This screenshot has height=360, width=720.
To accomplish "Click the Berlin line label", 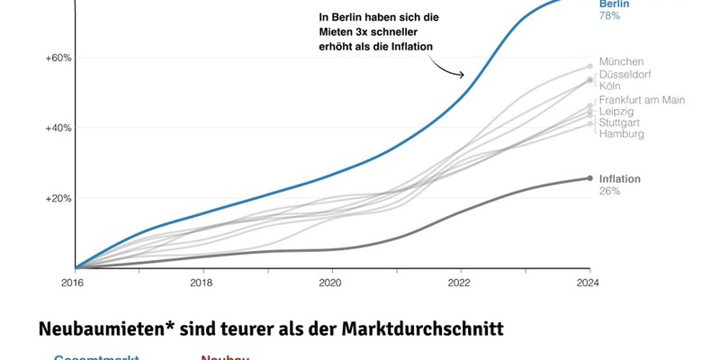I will pyautogui.click(x=616, y=4).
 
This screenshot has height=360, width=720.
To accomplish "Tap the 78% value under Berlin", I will pyautogui.click(x=609, y=16).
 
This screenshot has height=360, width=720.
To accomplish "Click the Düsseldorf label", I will pyautogui.click(x=625, y=75).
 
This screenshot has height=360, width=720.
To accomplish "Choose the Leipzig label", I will pyautogui.click(x=616, y=111).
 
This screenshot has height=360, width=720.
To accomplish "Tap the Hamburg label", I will pyautogui.click(x=621, y=134).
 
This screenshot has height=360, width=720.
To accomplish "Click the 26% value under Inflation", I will pyautogui.click(x=609, y=191).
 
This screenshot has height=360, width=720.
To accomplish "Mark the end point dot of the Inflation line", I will pyautogui.click(x=589, y=178).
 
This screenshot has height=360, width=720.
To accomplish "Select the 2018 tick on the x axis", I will pyautogui.click(x=203, y=281).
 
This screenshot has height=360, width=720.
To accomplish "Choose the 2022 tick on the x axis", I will pyautogui.click(x=461, y=281).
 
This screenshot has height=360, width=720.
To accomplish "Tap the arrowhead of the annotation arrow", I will pyautogui.click(x=463, y=76).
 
